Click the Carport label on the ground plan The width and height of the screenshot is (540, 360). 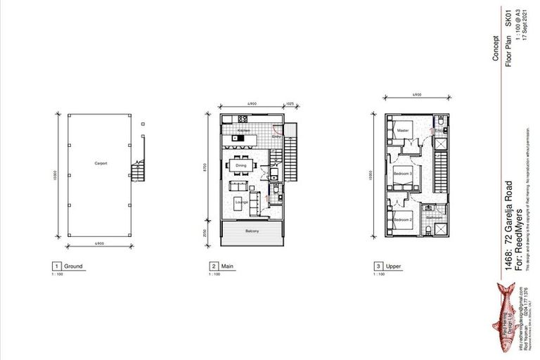(x=100, y=162)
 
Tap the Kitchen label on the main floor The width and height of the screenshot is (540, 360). (x=243, y=131)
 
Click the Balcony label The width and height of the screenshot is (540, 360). (x=254, y=231)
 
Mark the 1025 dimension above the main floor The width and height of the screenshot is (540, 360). (x=289, y=104)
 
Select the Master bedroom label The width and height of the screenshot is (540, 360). (x=402, y=131)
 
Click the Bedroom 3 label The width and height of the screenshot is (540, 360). (x=401, y=172)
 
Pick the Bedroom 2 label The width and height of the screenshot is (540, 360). (x=401, y=220)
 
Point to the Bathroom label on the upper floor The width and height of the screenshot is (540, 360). (x=434, y=218)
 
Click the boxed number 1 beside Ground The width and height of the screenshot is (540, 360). (x=56, y=266)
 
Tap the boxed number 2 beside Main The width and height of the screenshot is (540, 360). (x=213, y=266)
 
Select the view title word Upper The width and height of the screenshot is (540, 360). (x=392, y=266)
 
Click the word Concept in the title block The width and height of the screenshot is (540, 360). (x=496, y=56)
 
